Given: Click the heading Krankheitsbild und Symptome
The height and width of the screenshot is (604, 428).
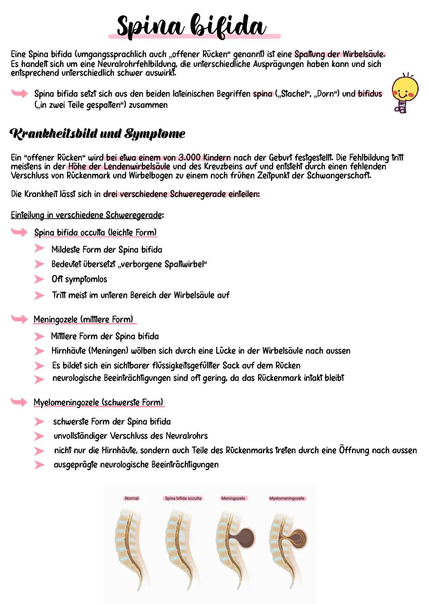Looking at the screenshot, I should [97, 134].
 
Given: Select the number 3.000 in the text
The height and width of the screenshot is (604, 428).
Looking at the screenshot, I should [189, 158].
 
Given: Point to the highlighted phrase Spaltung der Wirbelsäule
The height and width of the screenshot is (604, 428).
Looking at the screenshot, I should [339, 54].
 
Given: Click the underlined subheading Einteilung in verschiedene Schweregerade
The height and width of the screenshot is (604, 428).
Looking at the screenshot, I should [86, 215].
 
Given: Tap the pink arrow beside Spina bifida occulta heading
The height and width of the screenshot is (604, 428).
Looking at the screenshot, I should [19, 232].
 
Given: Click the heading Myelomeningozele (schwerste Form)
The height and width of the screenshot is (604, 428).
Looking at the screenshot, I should [98, 403].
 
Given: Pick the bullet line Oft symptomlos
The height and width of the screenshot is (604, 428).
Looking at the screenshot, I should [79, 279].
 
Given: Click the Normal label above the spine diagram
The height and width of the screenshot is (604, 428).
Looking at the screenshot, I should [132, 498].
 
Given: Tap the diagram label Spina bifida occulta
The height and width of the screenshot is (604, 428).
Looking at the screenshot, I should [183, 498].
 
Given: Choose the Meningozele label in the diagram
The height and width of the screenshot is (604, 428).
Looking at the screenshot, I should [233, 498].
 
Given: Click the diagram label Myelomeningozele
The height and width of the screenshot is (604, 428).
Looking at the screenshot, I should [287, 498].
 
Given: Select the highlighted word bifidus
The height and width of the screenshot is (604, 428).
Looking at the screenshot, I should [370, 94].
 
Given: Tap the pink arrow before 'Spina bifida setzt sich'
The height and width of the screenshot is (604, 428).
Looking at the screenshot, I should [19, 93].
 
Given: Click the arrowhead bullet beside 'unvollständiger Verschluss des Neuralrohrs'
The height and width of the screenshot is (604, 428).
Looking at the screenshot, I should [39, 436].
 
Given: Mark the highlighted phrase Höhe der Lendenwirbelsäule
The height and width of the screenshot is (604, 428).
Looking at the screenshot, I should [119, 167].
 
